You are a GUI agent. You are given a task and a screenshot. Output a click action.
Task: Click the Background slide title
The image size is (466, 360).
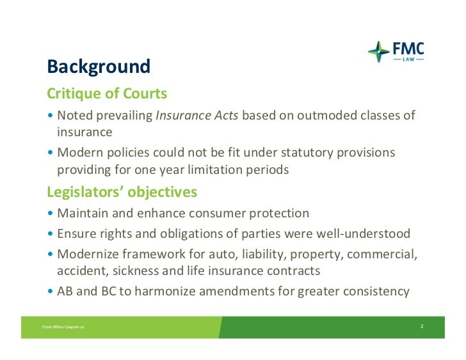coord(99,67)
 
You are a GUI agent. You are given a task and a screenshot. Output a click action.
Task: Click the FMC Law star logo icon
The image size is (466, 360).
coord(379,52)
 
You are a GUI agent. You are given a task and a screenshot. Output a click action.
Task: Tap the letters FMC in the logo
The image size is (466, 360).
coord(408,49)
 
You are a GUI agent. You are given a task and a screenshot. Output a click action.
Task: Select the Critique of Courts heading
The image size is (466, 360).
coord(107,93)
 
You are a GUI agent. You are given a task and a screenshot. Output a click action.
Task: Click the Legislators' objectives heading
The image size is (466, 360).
coord(122,192)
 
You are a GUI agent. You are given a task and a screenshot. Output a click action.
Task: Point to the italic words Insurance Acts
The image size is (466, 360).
coord(197,115)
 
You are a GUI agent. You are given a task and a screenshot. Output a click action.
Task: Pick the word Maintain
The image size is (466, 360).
coord(83,213)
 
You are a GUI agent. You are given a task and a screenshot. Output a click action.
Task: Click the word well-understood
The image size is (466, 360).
coord(363,233)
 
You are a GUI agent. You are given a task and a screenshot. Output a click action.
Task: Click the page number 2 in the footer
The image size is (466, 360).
coord(422,326)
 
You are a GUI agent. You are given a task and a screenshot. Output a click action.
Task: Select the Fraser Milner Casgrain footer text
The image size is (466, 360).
coord(63,327)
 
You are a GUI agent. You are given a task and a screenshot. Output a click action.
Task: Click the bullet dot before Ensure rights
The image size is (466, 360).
coord(50,233)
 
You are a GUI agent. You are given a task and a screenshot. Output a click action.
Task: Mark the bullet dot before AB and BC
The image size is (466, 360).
coord(50,291)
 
